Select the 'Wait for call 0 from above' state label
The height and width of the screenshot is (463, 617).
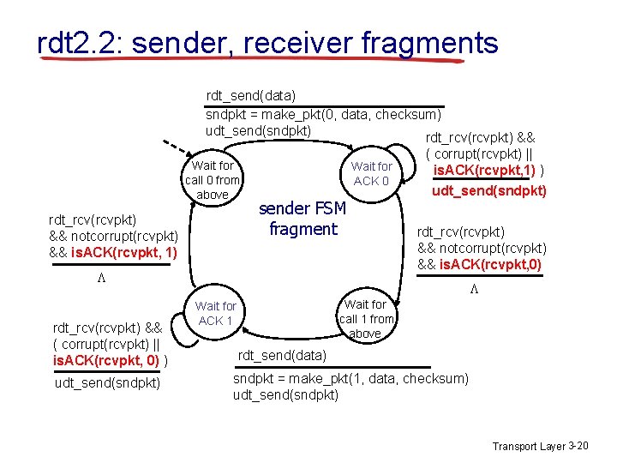click(213, 180)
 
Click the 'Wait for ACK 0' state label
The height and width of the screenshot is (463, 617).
click(372, 173)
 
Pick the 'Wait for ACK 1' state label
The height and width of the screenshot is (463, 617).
click(216, 313)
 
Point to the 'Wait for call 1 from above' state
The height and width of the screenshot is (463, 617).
click(366, 318)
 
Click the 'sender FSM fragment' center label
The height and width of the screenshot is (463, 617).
click(303, 219)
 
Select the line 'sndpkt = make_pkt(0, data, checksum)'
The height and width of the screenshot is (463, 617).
click(323, 114)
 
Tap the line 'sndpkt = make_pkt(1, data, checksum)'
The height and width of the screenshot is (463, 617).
click(350, 378)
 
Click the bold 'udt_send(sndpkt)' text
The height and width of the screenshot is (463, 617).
click(488, 190)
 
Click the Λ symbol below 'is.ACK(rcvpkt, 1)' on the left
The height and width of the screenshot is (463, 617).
click(102, 279)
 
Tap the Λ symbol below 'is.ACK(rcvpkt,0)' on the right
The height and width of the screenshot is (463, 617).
click(474, 290)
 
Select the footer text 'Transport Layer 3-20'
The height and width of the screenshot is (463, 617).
click(539, 447)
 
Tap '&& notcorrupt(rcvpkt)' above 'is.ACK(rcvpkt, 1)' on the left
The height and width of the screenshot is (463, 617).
click(113, 236)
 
